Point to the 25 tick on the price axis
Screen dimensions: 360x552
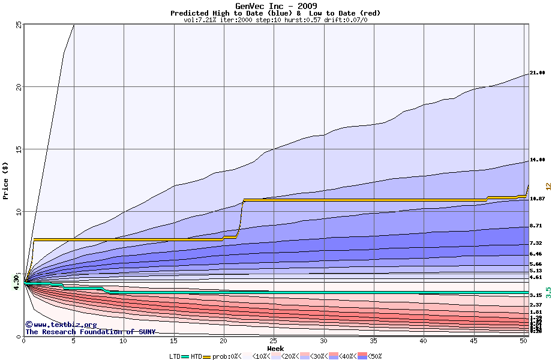click(19, 25)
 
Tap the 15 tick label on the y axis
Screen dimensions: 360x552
click(19, 149)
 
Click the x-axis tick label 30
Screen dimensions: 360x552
click(323, 341)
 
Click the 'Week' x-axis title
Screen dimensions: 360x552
click(275, 348)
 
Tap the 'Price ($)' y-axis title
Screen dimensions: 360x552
click(6, 181)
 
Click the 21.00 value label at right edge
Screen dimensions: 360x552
click(537, 73)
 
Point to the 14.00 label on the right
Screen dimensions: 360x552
click(537, 161)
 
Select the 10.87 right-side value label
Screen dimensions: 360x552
click(537, 199)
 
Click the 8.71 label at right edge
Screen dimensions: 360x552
click(536, 226)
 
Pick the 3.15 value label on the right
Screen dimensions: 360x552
click(536, 295)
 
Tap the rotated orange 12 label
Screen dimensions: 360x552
click(547, 187)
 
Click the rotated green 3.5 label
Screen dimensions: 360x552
click(547, 292)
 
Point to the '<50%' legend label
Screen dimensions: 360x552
click(373, 356)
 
